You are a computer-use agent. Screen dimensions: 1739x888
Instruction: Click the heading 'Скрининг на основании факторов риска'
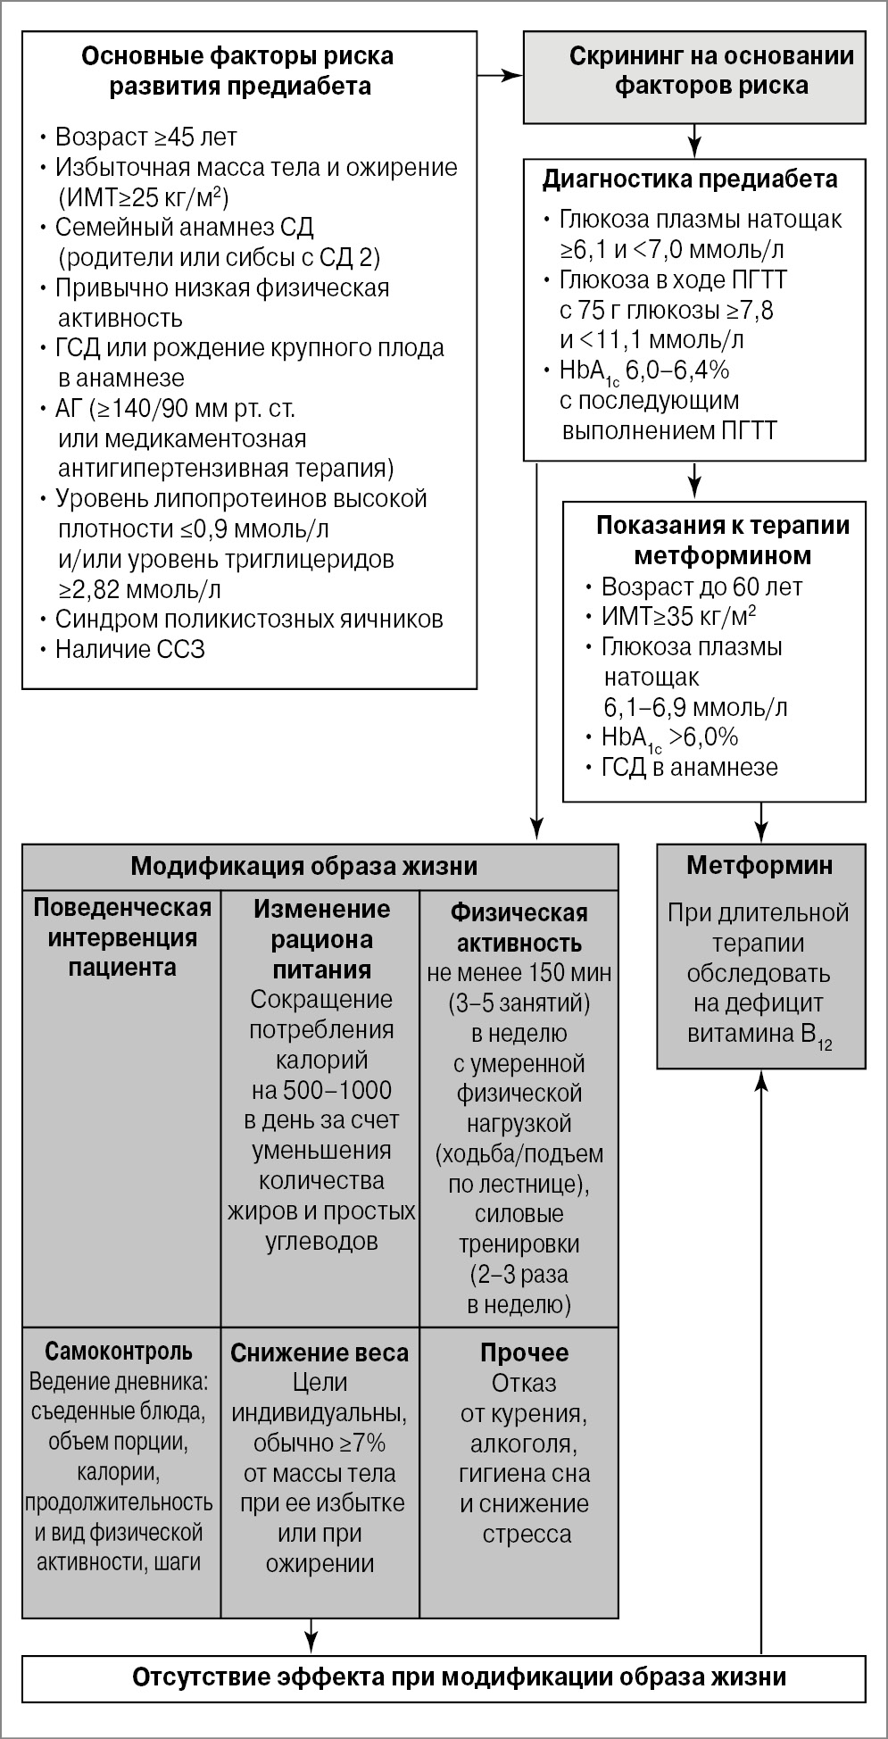(x=711, y=71)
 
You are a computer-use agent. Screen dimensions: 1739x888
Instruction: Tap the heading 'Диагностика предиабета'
(x=690, y=179)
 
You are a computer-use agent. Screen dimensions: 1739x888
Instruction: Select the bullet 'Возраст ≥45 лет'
(x=146, y=137)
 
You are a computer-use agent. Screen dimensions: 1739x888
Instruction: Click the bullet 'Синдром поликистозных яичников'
(x=249, y=619)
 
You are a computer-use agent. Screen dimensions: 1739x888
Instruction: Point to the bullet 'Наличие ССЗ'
(x=130, y=649)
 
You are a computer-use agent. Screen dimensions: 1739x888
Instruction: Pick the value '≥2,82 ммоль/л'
(x=139, y=589)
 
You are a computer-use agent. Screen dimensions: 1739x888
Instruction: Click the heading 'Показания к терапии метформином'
(x=723, y=540)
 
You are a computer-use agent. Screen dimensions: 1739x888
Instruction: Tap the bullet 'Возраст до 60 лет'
(x=701, y=587)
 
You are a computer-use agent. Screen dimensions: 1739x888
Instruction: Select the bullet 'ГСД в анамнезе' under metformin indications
(x=689, y=767)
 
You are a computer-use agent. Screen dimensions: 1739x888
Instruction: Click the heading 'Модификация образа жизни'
(x=303, y=866)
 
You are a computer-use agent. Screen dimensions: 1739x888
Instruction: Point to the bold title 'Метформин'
(x=760, y=865)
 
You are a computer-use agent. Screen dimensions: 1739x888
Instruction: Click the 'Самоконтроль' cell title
(x=119, y=1352)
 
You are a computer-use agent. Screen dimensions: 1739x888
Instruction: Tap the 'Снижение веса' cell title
(x=320, y=1352)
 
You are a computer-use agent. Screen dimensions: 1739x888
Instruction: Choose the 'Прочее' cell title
(x=524, y=1352)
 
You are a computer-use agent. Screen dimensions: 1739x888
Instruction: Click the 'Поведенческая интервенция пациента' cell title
(x=122, y=937)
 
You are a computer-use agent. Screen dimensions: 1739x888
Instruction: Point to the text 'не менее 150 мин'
(x=519, y=972)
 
